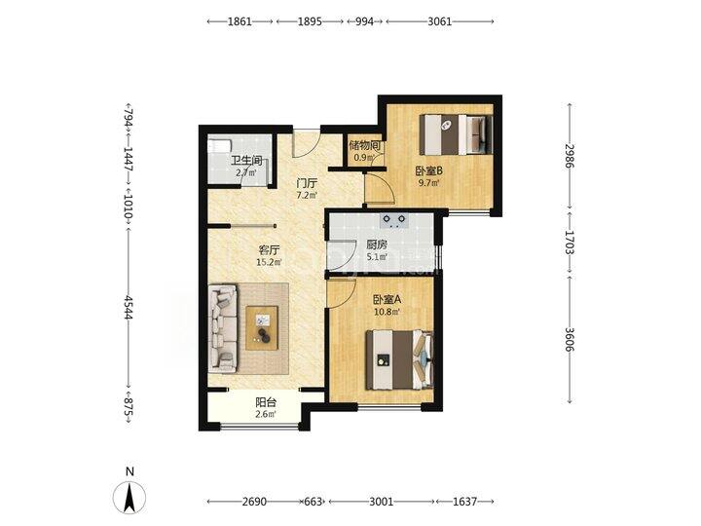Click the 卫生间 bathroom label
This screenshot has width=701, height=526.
246,160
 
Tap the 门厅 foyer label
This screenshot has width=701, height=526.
308,183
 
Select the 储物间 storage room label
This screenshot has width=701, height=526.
365,145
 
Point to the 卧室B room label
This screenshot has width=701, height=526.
429,170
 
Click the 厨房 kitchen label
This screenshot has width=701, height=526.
377,245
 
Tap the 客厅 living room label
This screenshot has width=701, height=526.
269,250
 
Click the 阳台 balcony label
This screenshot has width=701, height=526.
266,402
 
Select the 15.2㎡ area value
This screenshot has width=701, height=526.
269,262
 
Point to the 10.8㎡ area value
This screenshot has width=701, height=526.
387,312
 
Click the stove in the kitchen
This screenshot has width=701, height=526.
394,220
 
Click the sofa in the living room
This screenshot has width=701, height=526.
223,328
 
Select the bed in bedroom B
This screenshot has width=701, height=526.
456,134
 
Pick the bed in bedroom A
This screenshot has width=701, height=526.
399,359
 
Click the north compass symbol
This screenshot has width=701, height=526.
129,498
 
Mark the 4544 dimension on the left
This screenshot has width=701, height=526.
129,307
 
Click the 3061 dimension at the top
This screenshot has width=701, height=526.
440,21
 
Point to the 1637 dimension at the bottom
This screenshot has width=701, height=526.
465,502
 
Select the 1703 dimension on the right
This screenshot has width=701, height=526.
569,242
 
